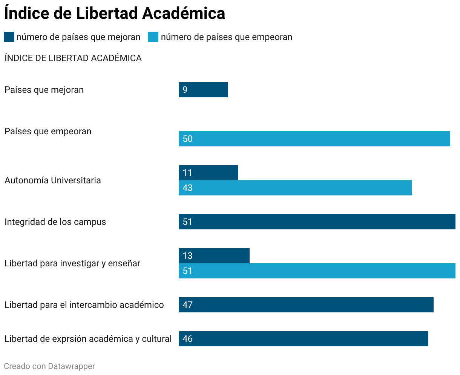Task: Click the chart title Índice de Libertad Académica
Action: click(x=115, y=14)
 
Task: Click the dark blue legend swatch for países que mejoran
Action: click(x=9, y=37)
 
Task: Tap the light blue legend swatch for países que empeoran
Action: click(x=153, y=37)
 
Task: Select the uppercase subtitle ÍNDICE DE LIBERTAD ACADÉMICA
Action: click(x=73, y=58)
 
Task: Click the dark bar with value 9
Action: click(x=203, y=90)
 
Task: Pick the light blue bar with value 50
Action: click(x=314, y=139)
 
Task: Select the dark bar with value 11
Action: click(x=208, y=173)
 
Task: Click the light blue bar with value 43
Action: click(x=295, y=188)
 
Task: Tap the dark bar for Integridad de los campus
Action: click(x=317, y=222)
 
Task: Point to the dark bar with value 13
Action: click(x=214, y=256)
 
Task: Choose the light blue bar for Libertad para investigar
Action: click(x=317, y=271)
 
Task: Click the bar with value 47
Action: click(x=306, y=305)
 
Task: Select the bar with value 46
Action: click(x=303, y=339)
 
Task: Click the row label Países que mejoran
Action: click(x=44, y=90)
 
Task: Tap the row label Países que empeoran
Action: click(x=48, y=131)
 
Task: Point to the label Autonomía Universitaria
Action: click(x=53, y=180)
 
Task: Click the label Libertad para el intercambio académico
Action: click(x=84, y=305)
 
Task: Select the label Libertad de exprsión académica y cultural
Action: click(x=88, y=339)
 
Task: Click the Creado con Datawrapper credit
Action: click(x=49, y=366)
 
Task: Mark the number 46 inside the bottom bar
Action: click(x=187, y=339)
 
